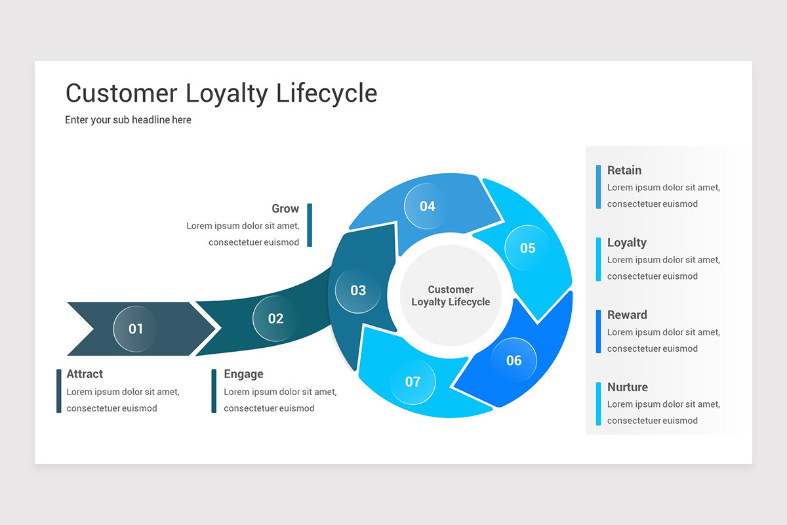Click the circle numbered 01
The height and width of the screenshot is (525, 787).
[136, 329]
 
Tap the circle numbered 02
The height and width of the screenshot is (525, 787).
[275, 318]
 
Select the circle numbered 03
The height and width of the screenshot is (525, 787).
[358, 290]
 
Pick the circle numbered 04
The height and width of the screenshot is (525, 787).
[427, 206]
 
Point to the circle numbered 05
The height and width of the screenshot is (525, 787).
[527, 248]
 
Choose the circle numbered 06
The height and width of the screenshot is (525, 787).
[514, 360]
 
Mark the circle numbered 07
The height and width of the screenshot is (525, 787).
[413, 381]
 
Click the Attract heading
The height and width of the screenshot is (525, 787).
[85, 374]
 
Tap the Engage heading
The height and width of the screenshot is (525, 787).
[243, 374]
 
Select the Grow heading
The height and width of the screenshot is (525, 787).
[285, 209]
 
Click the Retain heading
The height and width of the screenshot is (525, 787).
[624, 171]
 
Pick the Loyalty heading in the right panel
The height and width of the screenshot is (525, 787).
[627, 243]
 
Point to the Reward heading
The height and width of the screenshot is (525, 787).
[627, 315]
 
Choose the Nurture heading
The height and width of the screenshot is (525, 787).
[628, 387]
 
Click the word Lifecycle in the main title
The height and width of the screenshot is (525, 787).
[326, 93]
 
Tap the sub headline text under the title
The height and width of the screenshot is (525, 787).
[128, 120]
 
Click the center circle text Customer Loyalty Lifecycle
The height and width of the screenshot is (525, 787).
[451, 296]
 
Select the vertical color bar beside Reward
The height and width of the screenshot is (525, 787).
[598, 331]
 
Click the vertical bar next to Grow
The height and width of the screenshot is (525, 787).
[310, 225]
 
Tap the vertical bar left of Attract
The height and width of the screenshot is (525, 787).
[59, 391]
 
